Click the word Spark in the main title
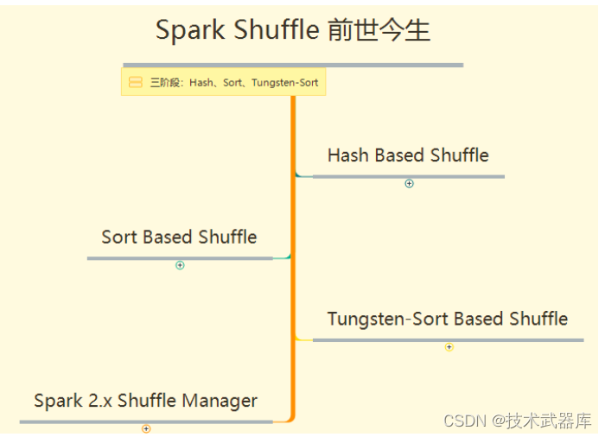[x=190, y=31]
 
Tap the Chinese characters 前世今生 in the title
[x=379, y=30]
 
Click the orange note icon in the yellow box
[x=136, y=82]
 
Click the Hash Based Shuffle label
[x=408, y=155]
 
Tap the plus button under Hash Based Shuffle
[x=409, y=184]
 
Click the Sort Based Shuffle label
[x=179, y=237]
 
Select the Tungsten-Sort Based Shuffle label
[x=448, y=319]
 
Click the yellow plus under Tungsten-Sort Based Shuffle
[x=449, y=347]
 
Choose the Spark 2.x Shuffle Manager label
[x=145, y=401]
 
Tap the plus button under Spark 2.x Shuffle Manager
[x=146, y=429]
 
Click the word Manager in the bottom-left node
[x=220, y=402]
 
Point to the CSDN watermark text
[x=517, y=421]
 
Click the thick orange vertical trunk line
[x=293, y=257]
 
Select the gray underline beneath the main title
[x=293, y=65]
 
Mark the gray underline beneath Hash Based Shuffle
[x=409, y=177]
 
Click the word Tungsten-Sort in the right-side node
[x=388, y=319]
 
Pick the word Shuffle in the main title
[x=277, y=29]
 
